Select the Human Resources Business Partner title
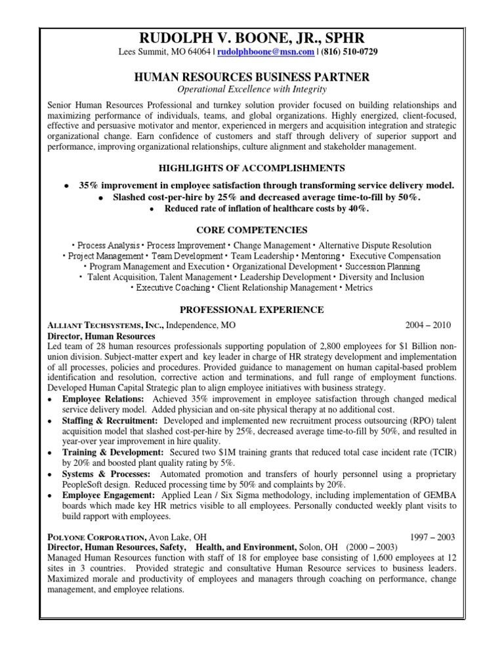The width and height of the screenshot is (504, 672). click(252, 77)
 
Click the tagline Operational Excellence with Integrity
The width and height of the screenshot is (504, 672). click(252, 89)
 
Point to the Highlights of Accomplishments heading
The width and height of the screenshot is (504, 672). click(252, 169)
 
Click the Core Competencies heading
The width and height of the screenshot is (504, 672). click(252, 230)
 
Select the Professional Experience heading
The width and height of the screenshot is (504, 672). click(252, 309)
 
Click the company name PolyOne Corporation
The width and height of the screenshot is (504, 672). click(99, 537)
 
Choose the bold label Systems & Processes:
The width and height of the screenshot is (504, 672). click(106, 474)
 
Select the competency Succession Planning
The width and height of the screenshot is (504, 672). click(383, 266)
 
